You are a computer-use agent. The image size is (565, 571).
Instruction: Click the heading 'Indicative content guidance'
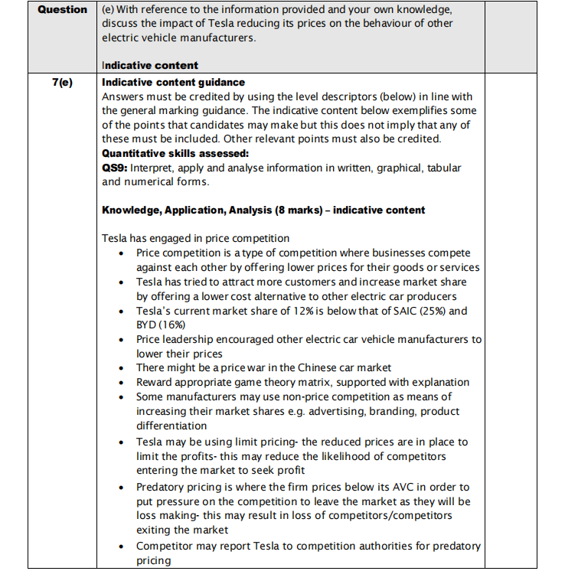173,82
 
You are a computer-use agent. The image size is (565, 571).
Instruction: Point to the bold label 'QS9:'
116,168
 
